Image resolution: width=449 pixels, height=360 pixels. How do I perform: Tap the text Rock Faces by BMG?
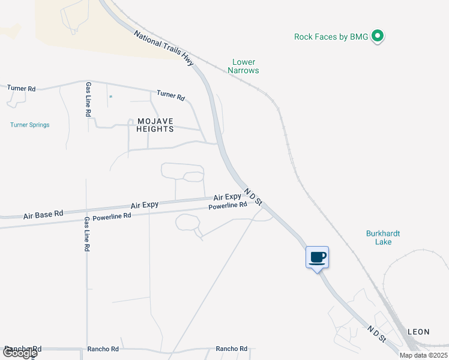pyautogui.click(x=331, y=37)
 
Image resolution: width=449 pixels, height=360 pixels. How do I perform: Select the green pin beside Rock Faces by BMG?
pyautogui.click(x=378, y=37)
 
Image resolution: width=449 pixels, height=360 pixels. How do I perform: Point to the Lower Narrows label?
pyautogui.click(x=243, y=66)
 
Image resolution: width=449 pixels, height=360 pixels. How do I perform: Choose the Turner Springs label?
pyautogui.click(x=29, y=125)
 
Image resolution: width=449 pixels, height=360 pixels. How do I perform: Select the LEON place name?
pyautogui.click(x=418, y=331)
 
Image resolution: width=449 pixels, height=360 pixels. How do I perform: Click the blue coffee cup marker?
pyautogui.click(x=318, y=258)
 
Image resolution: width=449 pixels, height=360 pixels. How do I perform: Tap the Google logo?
pyautogui.click(x=19, y=353)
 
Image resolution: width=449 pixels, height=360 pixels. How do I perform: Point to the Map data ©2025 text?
pyautogui.click(x=423, y=355)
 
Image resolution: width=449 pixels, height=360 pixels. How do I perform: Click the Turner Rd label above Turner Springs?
pyautogui.click(x=22, y=88)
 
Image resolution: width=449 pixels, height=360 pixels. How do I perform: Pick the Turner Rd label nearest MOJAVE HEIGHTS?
pyautogui.click(x=170, y=95)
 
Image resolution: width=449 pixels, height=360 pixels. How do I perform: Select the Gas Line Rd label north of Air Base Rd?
pyautogui.click(x=88, y=99)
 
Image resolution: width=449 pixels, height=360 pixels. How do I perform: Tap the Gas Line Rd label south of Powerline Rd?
pyautogui.click(x=86, y=234)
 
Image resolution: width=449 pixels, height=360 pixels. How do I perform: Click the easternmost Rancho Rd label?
pyautogui.click(x=232, y=349)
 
